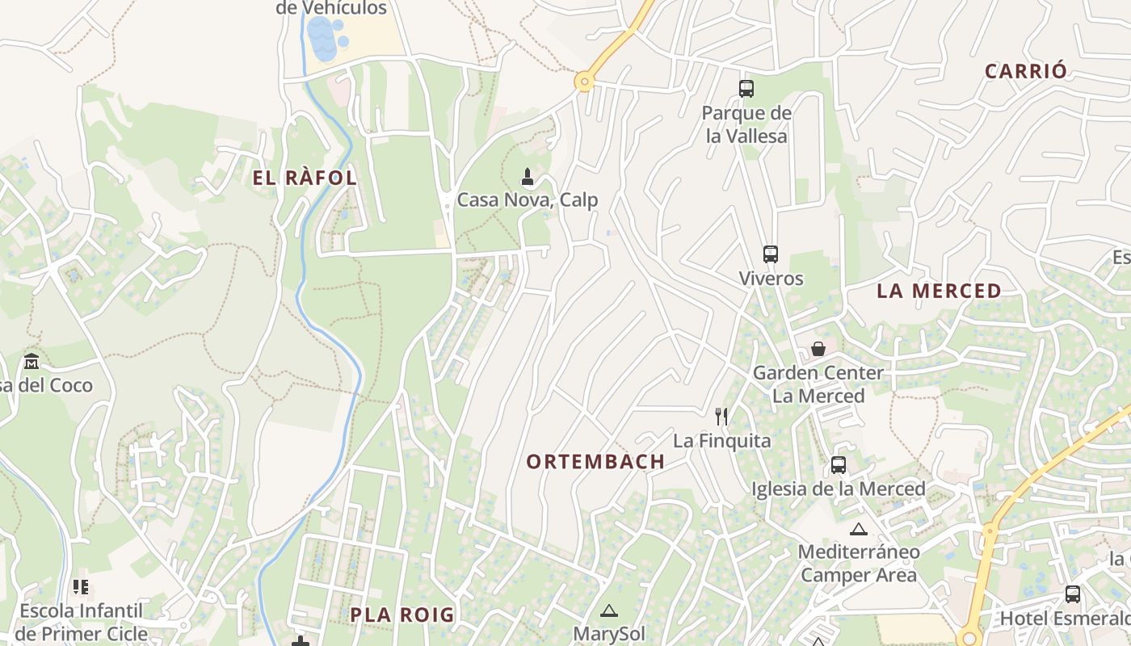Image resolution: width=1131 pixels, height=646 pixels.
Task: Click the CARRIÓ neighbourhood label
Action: (1026, 71)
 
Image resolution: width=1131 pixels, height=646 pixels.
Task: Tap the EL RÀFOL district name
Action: (305, 178)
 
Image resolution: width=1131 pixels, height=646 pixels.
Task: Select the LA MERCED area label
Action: (939, 291)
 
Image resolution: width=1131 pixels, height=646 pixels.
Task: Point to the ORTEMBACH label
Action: (595, 462)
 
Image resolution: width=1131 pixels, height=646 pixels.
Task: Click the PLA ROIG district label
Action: (402, 615)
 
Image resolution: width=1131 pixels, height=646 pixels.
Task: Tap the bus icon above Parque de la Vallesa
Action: (746, 89)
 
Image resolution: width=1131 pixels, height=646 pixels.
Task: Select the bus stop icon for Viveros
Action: (770, 254)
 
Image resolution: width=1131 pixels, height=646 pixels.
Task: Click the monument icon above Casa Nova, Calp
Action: (528, 176)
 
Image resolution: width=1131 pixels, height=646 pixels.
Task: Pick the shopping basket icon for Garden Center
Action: (818, 349)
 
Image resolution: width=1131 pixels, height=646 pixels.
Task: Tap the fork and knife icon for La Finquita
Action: (721, 417)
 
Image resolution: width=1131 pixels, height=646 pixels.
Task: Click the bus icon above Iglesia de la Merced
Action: (838, 465)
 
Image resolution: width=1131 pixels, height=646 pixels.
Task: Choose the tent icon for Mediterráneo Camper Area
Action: (858, 529)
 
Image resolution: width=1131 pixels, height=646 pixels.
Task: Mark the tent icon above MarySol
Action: (609, 610)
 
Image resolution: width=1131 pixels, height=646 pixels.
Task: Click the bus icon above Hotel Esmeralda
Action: (1072, 594)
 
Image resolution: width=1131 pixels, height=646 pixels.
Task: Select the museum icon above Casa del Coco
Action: (32, 361)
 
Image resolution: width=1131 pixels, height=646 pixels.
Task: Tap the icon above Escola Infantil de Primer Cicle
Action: (80, 587)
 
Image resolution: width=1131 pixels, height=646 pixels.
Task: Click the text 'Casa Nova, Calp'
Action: (528, 199)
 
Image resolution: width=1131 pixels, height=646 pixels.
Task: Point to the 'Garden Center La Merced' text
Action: (818, 384)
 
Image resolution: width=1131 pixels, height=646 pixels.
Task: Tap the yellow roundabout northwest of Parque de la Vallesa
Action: (584, 81)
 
